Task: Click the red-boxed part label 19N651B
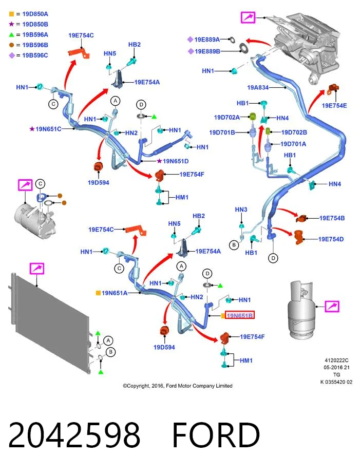coord(239,315)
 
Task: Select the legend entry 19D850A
coord(35,14)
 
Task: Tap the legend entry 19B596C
coord(35,55)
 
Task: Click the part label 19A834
coord(258,87)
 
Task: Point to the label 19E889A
coord(207,40)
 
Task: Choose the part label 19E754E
coord(334,105)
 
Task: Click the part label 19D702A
coord(226,117)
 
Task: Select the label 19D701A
coord(293,144)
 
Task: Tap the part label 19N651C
coord(48,129)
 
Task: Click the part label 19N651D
coord(176,161)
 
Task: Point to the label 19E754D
coord(331,239)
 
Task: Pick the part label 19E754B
coord(332,218)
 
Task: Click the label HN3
coord(241,210)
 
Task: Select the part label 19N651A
coord(114,293)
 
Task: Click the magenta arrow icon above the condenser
coord(37,269)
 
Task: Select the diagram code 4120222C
coord(336,360)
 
